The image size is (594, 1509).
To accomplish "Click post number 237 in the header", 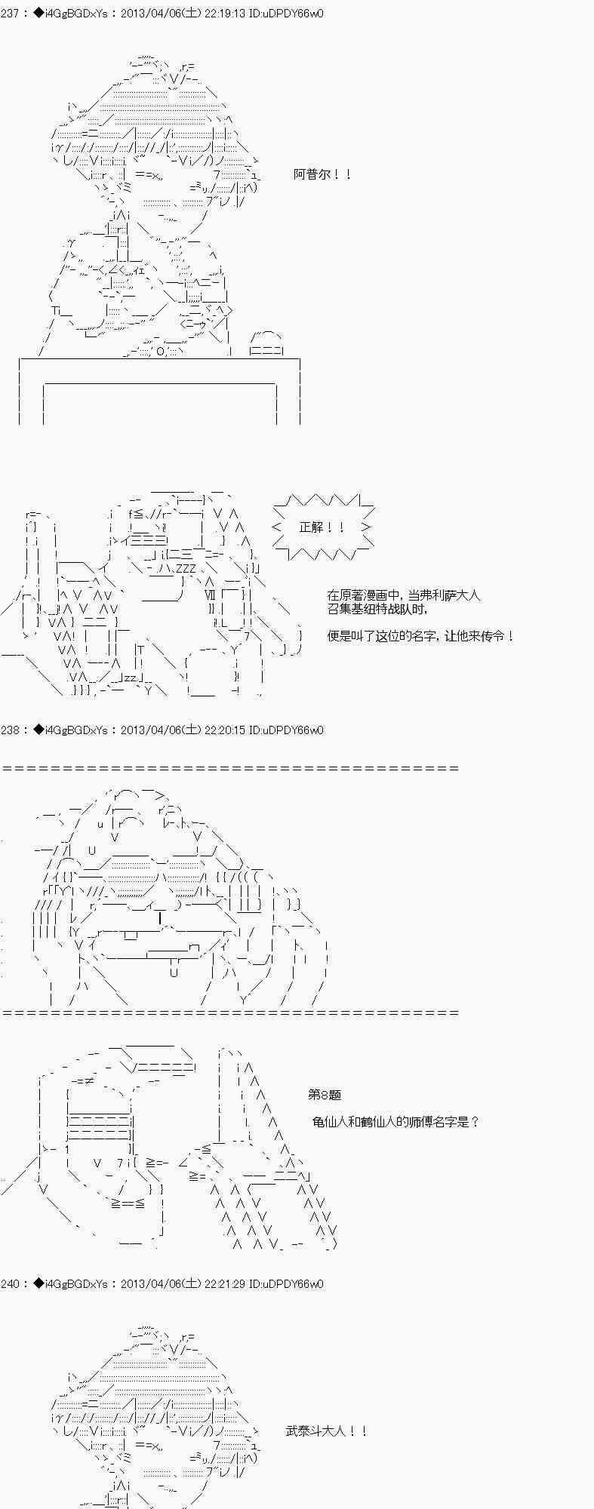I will [x=11, y=14].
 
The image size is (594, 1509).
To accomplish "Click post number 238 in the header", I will [x=11, y=730].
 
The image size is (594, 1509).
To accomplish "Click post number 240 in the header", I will [x=11, y=1283].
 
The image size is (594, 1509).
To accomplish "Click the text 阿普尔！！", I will [x=322, y=174].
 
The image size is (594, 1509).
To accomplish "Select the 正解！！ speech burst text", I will [x=322, y=527].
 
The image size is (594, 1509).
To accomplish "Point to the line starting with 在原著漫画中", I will [x=404, y=595].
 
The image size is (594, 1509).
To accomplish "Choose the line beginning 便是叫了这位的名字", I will [x=421, y=636].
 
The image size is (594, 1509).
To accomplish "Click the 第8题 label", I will [x=325, y=1095].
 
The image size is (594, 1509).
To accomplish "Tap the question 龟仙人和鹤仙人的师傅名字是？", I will [x=396, y=1121].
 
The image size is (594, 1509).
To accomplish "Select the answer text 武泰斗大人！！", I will [x=327, y=1431].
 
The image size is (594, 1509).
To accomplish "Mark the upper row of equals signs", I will [x=230, y=768].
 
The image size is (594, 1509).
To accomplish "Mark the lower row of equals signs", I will [x=230, y=1013].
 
